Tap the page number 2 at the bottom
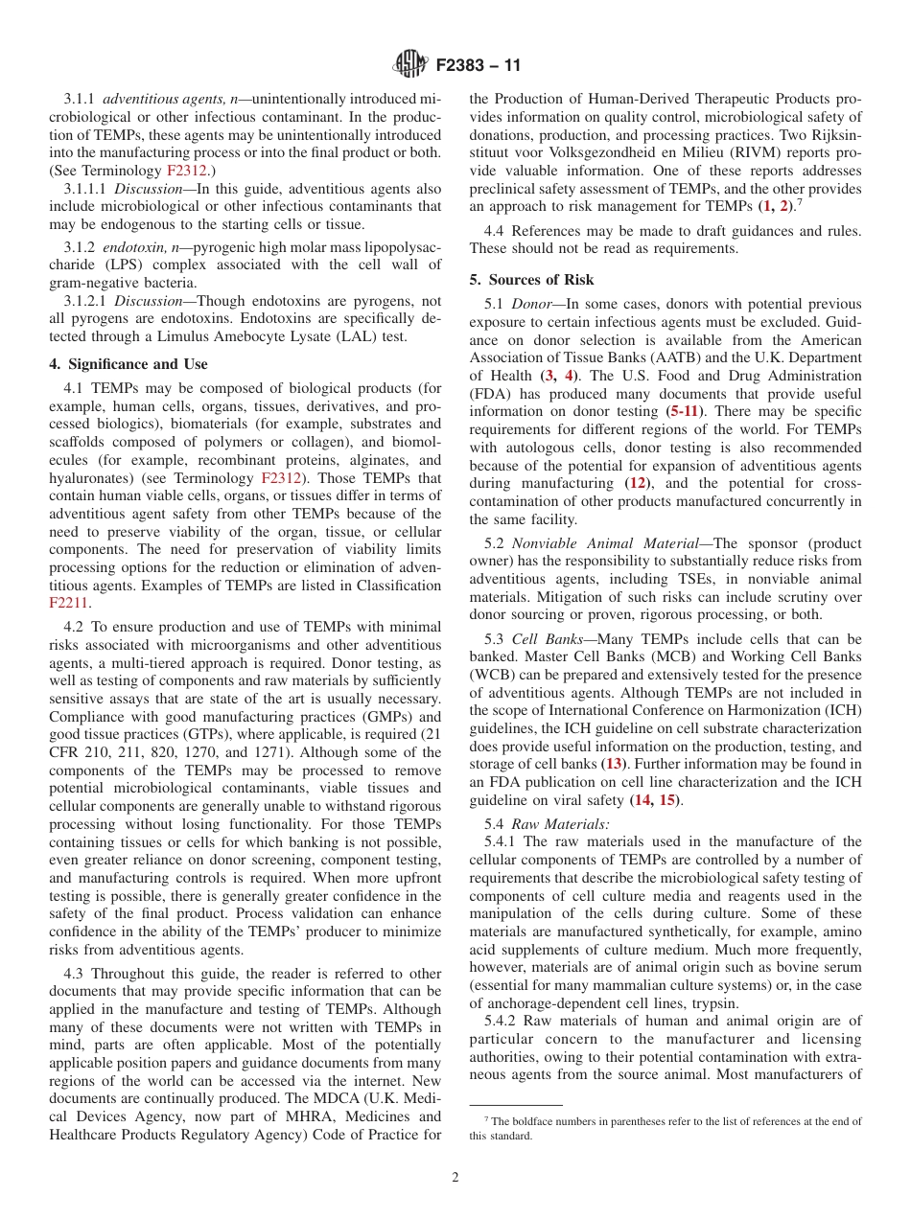point(455,1178)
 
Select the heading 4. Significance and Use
point(128,364)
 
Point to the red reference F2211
point(68,604)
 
